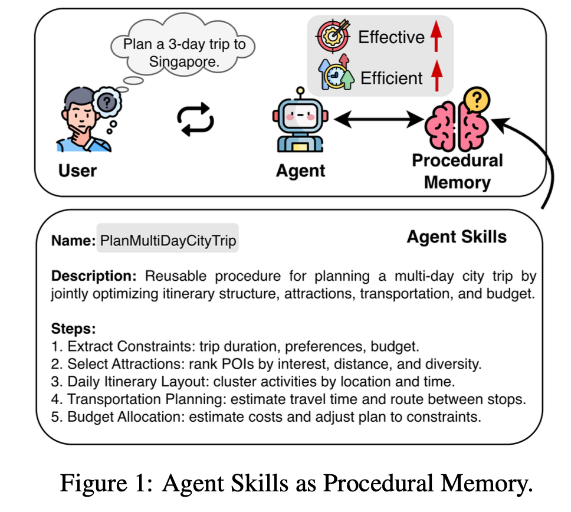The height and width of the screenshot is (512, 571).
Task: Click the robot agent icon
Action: point(301,121)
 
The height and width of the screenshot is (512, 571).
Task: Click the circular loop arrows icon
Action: point(195,119)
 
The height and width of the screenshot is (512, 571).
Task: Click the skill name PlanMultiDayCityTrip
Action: point(168,241)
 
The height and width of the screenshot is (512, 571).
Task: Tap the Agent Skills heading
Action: point(457,237)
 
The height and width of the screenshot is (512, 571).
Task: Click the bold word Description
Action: point(94,276)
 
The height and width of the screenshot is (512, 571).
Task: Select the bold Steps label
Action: point(74,329)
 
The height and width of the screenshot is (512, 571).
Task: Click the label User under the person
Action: point(77,171)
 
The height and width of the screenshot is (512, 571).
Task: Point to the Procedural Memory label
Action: point(457,171)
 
